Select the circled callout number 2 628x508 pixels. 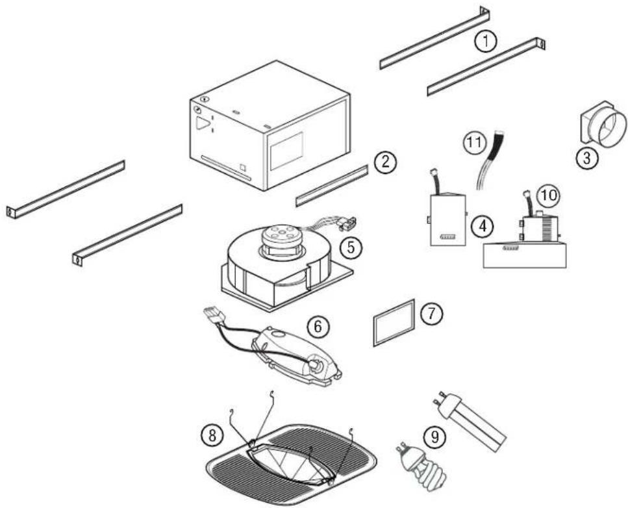pos(385,162)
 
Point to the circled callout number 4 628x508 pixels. pos(482,227)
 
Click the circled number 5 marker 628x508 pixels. pos(350,247)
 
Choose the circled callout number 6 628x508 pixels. pos(318,327)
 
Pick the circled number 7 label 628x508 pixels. pos(431,313)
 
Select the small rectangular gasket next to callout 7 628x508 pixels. pos(394,323)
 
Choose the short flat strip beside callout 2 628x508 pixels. pos(331,184)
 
